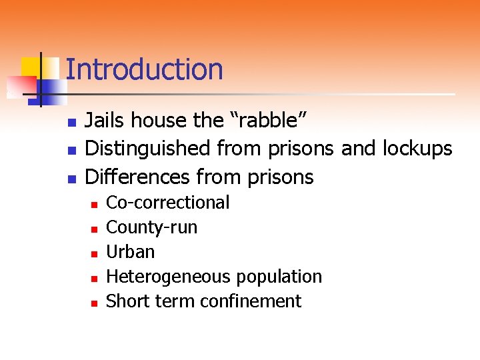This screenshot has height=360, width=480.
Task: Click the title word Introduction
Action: [x=144, y=69]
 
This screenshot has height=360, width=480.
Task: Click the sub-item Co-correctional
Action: [x=168, y=203]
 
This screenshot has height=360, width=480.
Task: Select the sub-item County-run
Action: [x=152, y=227]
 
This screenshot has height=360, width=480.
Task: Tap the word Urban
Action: [x=131, y=252]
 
